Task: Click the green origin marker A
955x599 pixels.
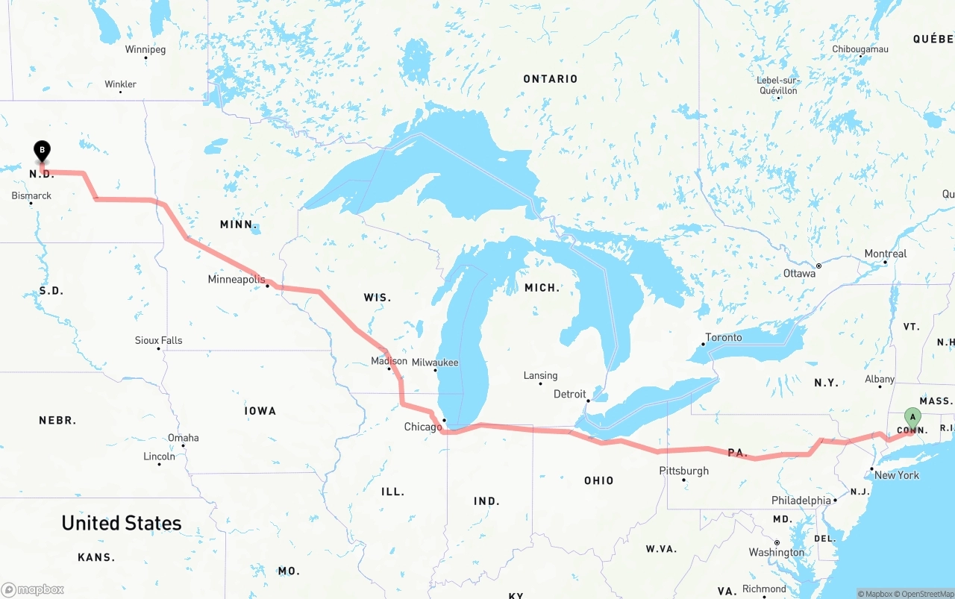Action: (912, 417)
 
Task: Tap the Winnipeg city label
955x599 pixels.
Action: (145, 50)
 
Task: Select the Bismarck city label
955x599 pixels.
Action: (31, 196)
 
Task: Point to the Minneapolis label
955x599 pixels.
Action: (237, 280)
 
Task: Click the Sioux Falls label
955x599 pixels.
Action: (158, 340)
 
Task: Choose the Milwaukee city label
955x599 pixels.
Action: (435, 363)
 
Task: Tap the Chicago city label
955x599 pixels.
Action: (423, 427)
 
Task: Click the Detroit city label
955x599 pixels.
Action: (570, 394)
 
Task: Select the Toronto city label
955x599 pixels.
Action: (724, 337)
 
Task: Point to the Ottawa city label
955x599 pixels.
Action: (799, 274)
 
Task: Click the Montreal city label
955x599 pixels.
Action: (885, 254)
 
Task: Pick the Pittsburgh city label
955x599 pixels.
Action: (683, 471)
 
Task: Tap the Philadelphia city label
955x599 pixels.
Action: (801, 501)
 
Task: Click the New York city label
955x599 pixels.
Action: (897, 475)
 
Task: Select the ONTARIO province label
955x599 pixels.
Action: (551, 79)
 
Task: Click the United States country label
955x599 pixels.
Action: (122, 523)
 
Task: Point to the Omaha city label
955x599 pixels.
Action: (183, 438)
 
